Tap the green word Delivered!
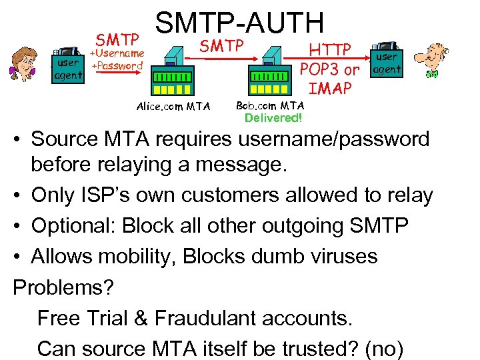coord(273,118)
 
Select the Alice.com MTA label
coord(173,106)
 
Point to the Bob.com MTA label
coord(270,105)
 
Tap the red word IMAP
coord(329,88)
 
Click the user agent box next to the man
coord(387,62)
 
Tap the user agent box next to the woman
coord(69,65)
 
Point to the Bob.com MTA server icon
coord(271,70)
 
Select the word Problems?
coord(64,287)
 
